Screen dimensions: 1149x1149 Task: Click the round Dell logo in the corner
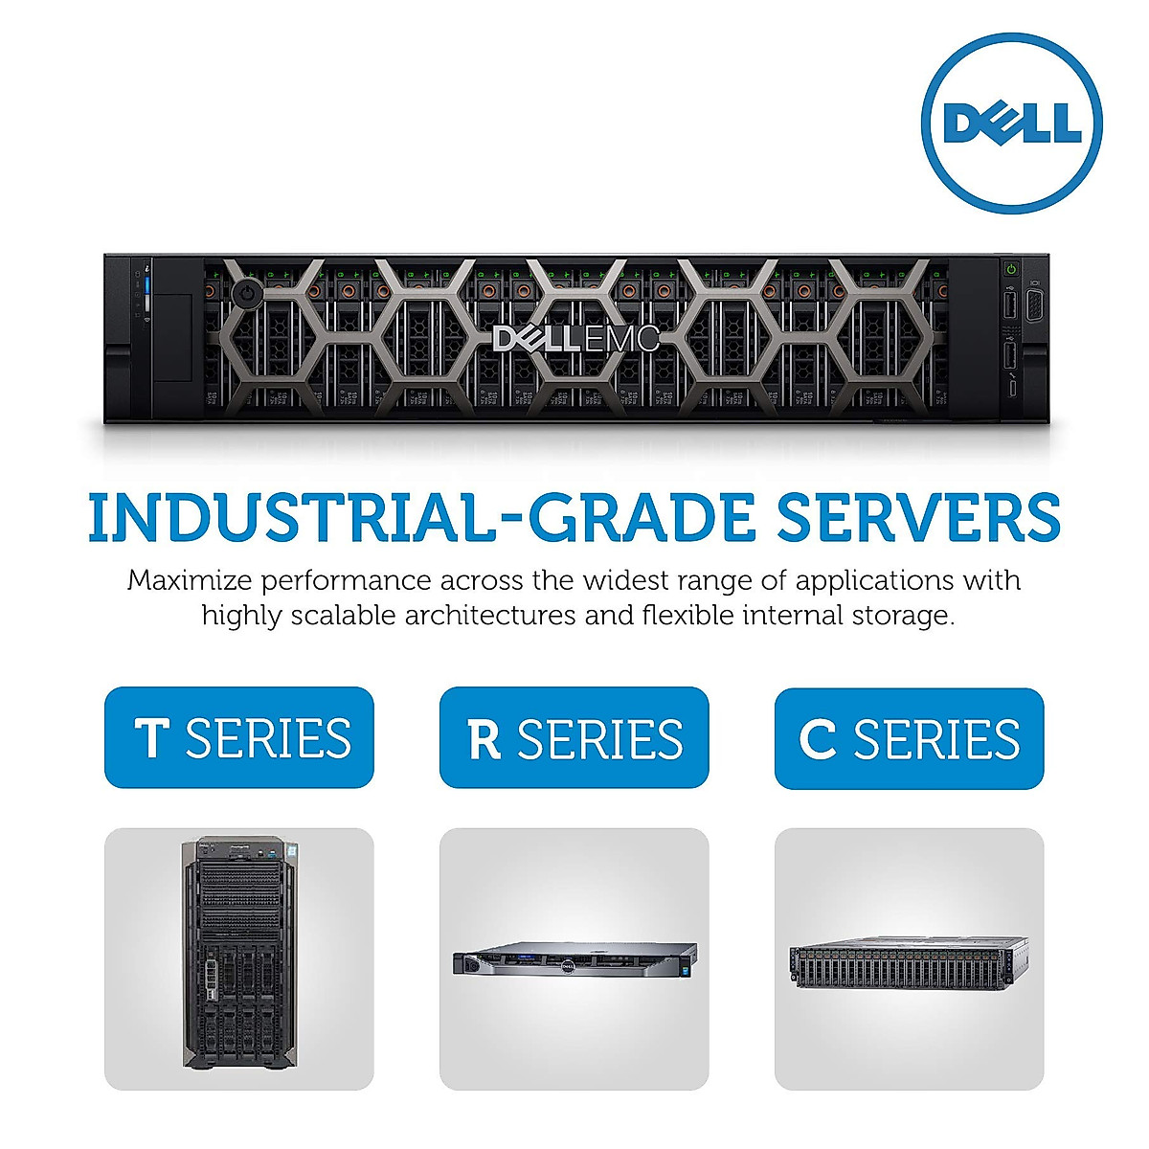[1011, 123]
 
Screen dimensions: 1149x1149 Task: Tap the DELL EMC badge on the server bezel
[575, 338]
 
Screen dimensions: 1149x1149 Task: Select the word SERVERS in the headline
[917, 518]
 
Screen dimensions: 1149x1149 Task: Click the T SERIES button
[238, 737]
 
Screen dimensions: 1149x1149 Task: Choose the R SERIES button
[574, 737]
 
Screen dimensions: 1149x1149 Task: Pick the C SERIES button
[909, 737]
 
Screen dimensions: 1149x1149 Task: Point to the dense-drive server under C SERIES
[909, 960]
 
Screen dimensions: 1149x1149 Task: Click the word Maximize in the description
[189, 580]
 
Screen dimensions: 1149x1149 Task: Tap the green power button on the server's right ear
[1010, 270]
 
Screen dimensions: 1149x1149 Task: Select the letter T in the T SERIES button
[152, 738]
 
